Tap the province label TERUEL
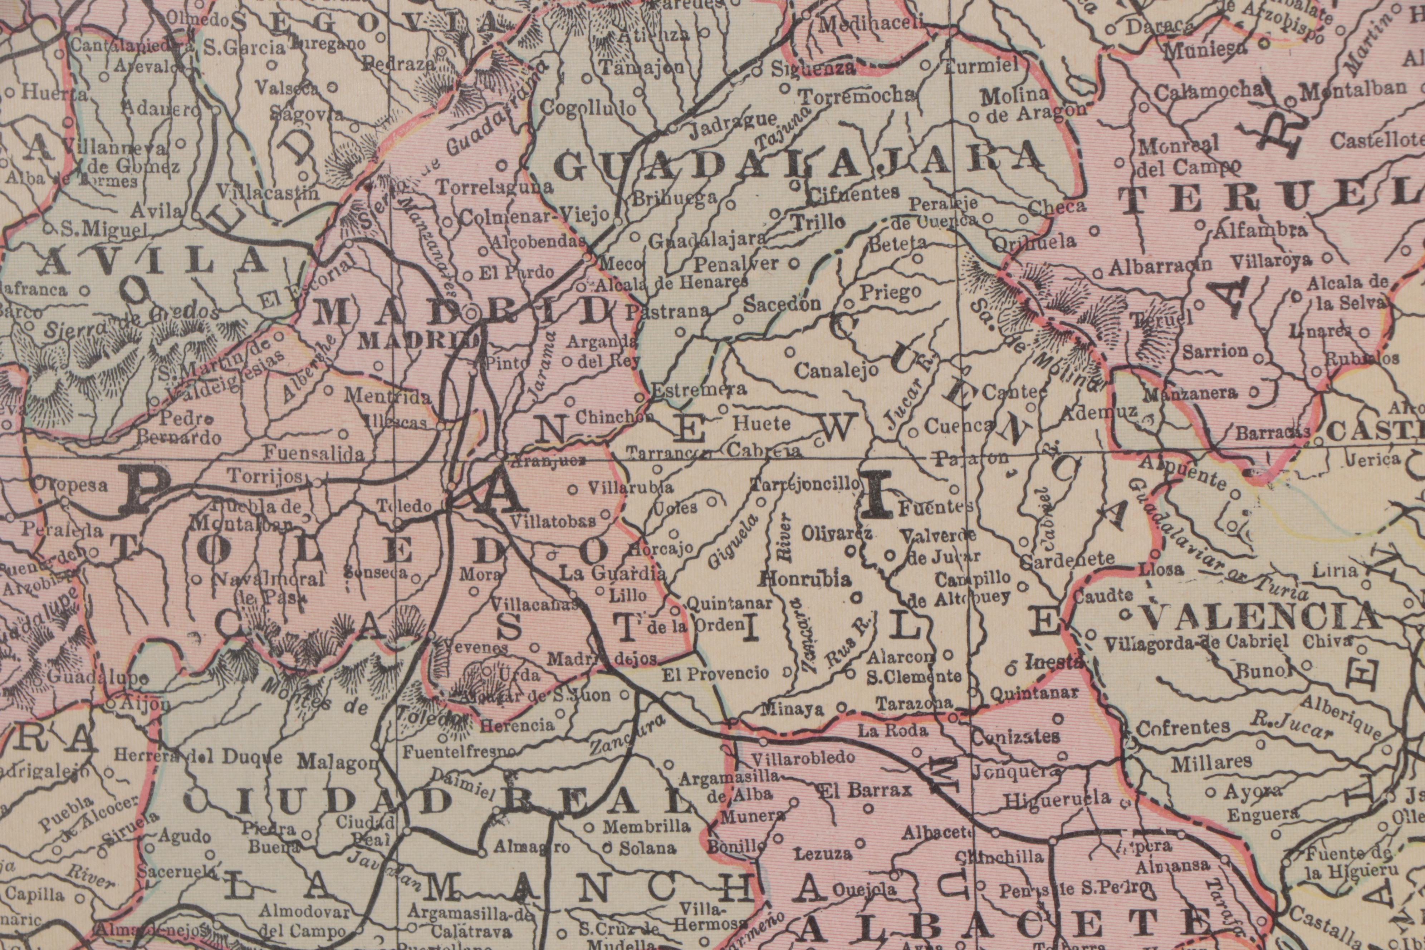[1266, 199]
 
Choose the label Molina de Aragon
[1024, 103]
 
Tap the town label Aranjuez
[548, 460]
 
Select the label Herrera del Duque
[198, 757]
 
